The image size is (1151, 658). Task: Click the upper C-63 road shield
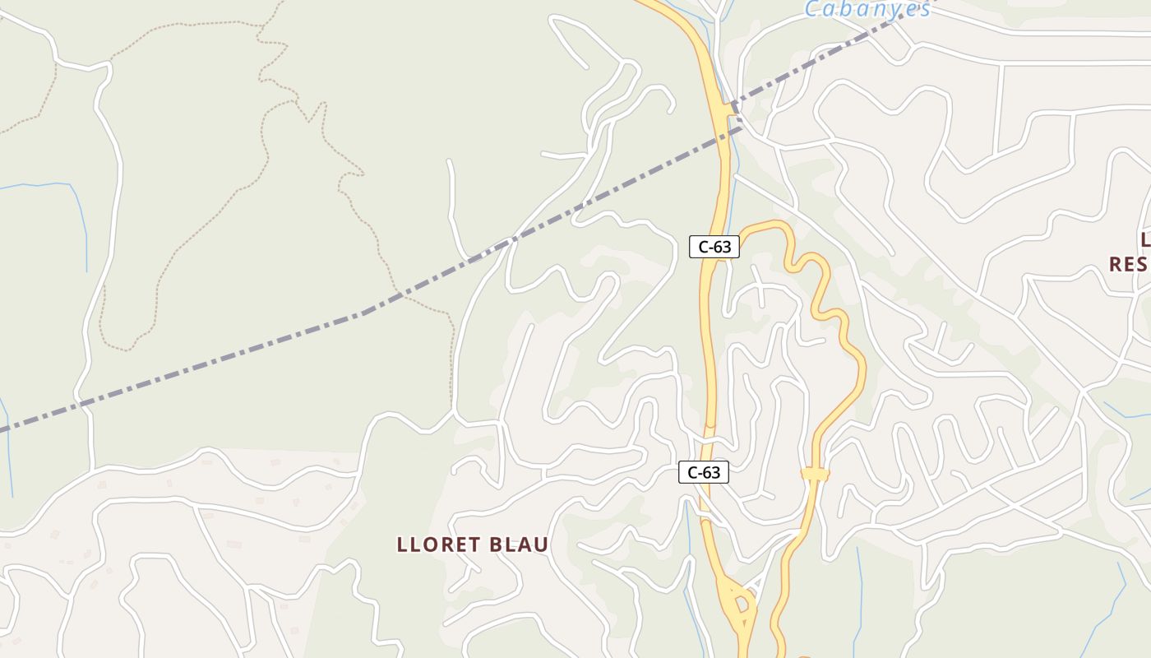[714, 246]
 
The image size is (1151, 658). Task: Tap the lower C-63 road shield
[703, 472]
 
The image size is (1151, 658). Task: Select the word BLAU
[519, 544]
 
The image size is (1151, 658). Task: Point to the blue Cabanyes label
[867, 10]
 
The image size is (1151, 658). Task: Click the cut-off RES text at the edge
[1130, 264]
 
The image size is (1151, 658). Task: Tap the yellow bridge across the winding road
[815, 474]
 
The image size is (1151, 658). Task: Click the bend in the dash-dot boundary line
[364, 313]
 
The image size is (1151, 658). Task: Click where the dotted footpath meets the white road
[452, 409]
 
